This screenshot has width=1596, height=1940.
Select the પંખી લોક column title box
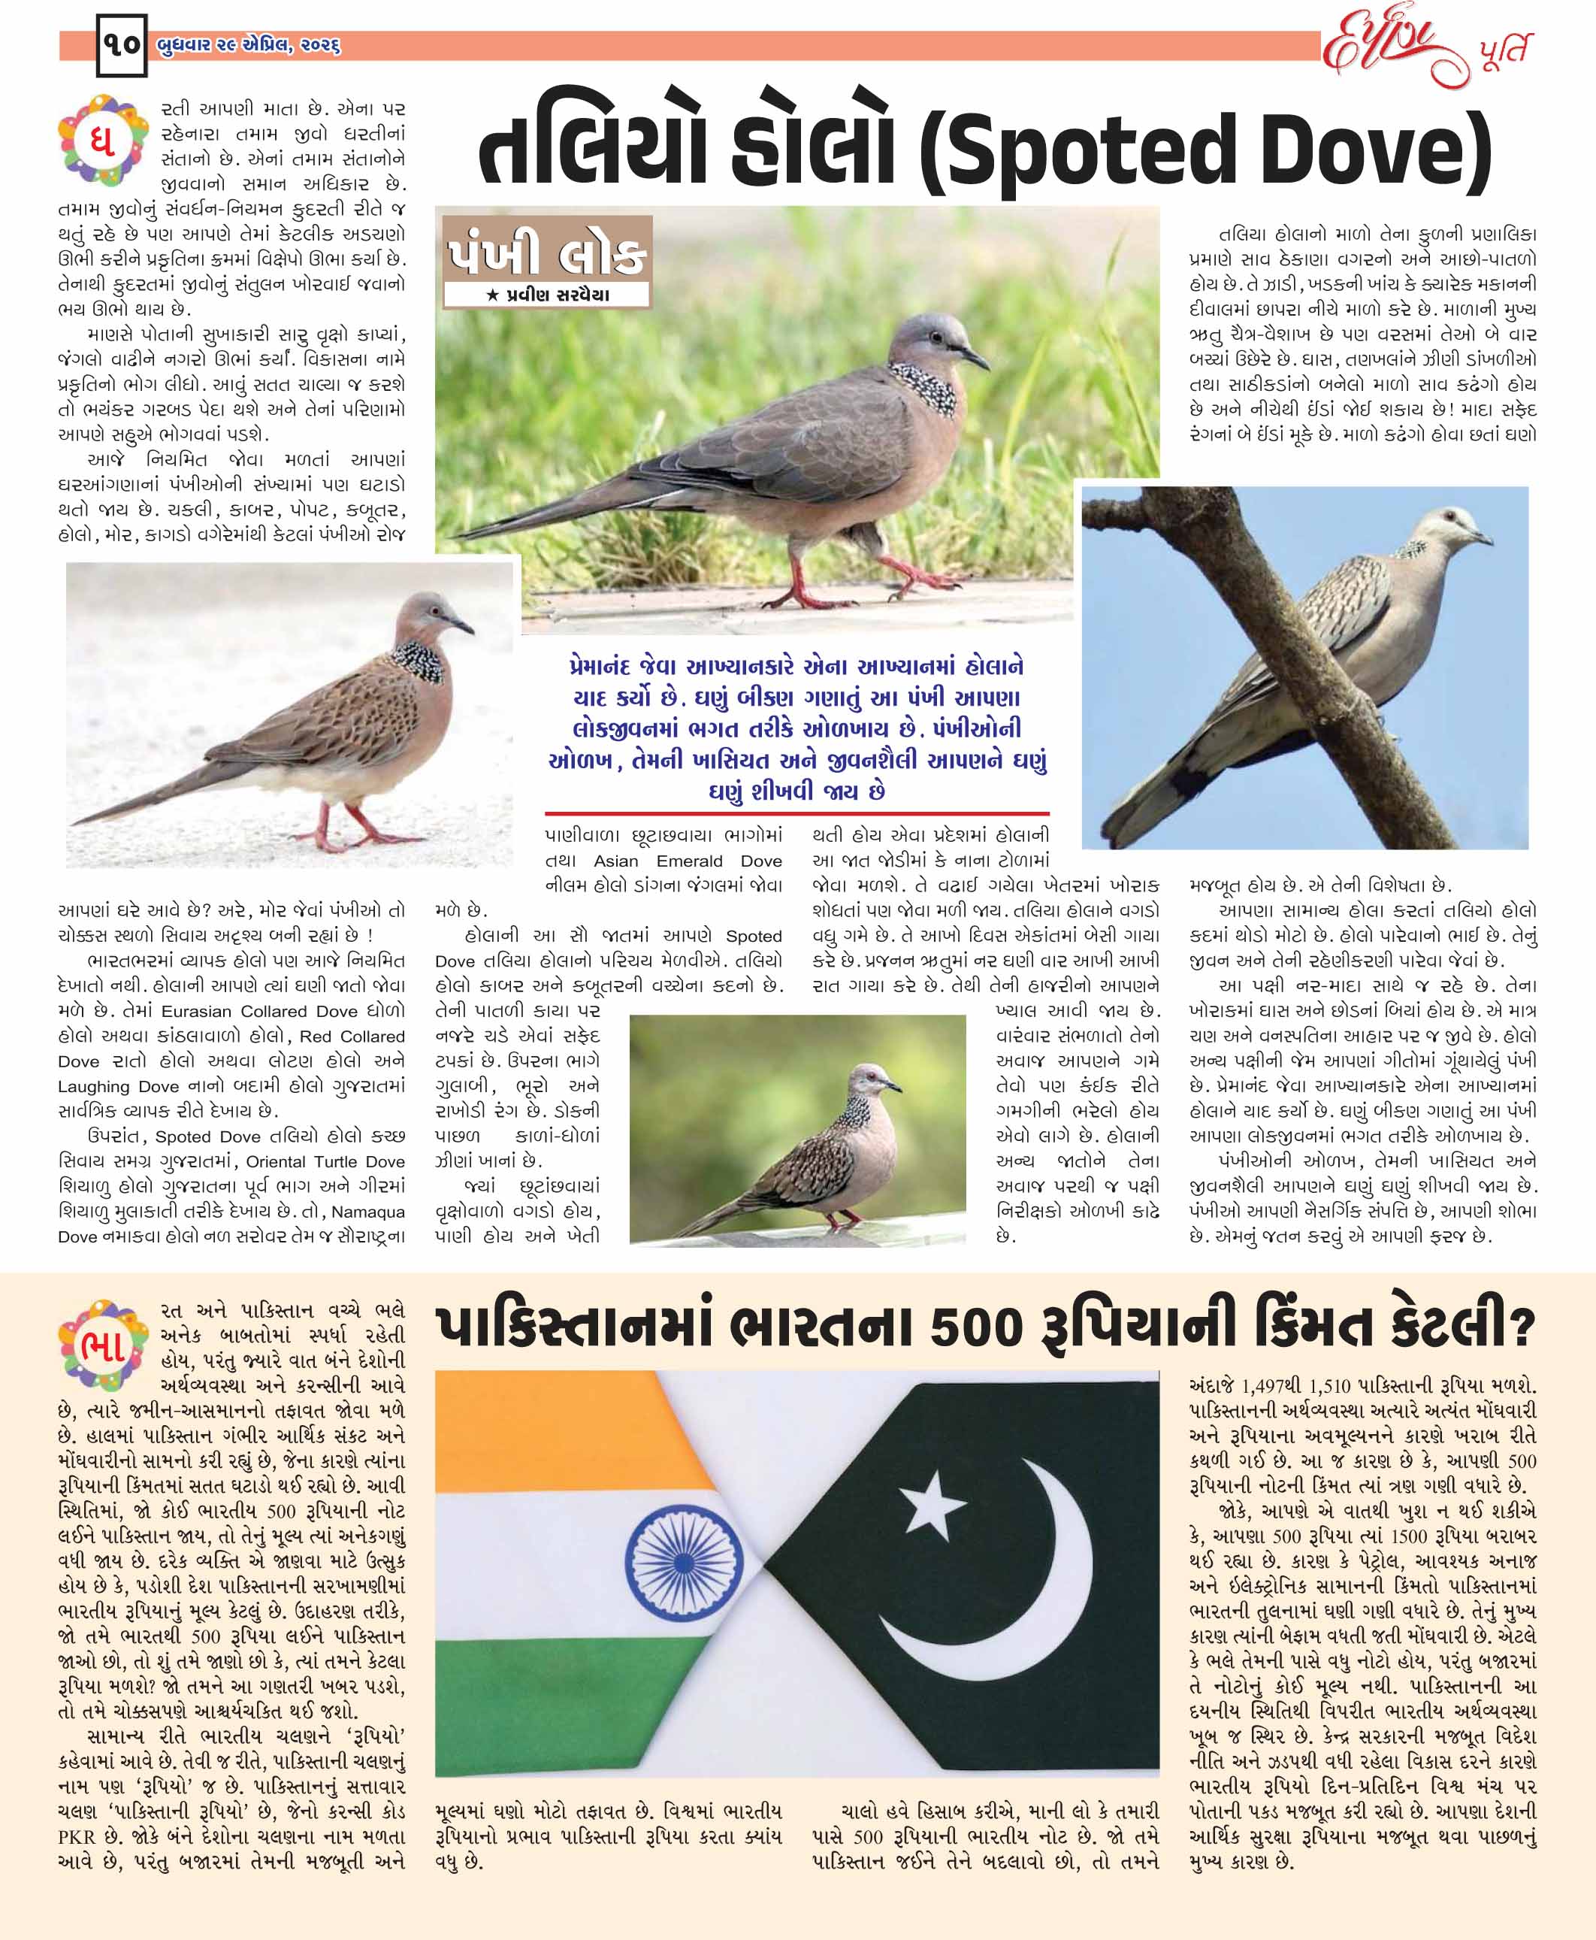point(546,250)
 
